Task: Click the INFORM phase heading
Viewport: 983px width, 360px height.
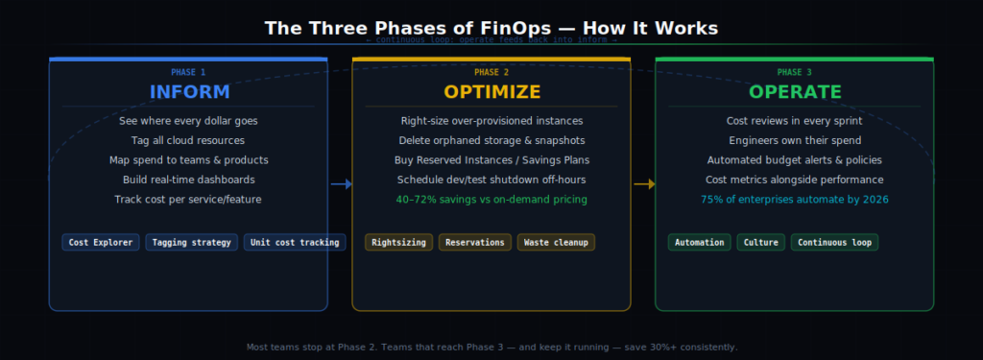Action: [189, 92]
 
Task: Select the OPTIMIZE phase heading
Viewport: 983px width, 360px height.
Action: [491, 92]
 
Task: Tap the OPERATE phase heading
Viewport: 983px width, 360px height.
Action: [795, 92]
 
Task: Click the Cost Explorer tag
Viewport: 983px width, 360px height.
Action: [101, 242]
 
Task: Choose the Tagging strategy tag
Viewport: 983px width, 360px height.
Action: [192, 242]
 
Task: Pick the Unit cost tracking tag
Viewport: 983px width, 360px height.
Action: [295, 242]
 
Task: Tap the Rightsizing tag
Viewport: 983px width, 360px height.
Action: [399, 242]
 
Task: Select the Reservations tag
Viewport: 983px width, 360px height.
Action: [475, 242]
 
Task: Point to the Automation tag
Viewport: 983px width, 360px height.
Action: [700, 242]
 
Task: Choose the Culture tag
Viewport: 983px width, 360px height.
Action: [761, 242]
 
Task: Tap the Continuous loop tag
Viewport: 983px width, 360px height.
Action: [834, 242]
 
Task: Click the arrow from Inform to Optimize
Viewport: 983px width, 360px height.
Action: [341, 183]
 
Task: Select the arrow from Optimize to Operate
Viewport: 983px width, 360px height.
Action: [644, 183]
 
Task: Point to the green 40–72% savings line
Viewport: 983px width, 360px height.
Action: [491, 200]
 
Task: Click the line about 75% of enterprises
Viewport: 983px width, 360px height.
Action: [795, 200]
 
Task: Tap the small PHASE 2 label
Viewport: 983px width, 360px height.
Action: [491, 72]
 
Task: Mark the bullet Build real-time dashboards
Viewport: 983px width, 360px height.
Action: [188, 180]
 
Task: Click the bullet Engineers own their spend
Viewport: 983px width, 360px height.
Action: [795, 140]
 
